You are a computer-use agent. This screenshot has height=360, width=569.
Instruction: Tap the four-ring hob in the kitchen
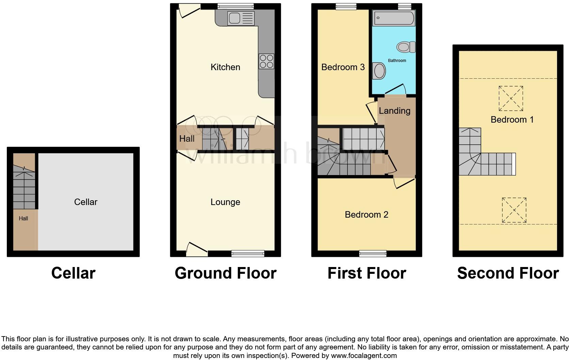pyautogui.click(x=266, y=61)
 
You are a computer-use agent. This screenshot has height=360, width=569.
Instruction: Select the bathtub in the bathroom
pyautogui.click(x=394, y=18)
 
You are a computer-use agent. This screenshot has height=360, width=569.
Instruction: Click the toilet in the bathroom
pyautogui.click(x=406, y=47)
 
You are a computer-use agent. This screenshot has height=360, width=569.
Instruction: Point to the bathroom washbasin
pyautogui.click(x=379, y=71)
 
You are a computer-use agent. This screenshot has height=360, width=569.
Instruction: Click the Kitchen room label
pyautogui.click(x=225, y=67)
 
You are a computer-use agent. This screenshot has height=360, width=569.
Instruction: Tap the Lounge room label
pyautogui.click(x=225, y=202)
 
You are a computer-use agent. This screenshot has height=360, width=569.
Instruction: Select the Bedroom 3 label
pyautogui.click(x=343, y=67)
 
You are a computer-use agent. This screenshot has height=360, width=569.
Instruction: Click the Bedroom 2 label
pyautogui.click(x=366, y=215)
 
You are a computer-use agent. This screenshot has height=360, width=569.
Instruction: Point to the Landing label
pyautogui.click(x=394, y=111)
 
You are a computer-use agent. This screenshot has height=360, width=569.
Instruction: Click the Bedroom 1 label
pyautogui.click(x=512, y=120)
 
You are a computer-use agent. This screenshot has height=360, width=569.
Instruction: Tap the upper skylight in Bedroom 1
pyautogui.click(x=511, y=98)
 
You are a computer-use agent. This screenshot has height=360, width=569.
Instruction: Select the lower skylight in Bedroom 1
pyautogui.click(x=514, y=210)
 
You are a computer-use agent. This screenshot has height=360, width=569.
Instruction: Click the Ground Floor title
pyautogui.click(x=225, y=273)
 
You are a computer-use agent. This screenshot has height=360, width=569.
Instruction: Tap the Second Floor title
pyautogui.click(x=508, y=273)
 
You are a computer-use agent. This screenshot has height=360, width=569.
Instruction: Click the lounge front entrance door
pyautogui.click(x=197, y=250)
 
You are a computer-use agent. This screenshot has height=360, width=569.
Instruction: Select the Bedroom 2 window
pyautogui.click(x=373, y=253)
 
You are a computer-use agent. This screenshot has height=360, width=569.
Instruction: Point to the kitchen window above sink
pyautogui.click(x=235, y=6)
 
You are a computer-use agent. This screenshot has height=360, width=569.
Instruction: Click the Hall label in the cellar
pyautogui.click(x=23, y=219)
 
